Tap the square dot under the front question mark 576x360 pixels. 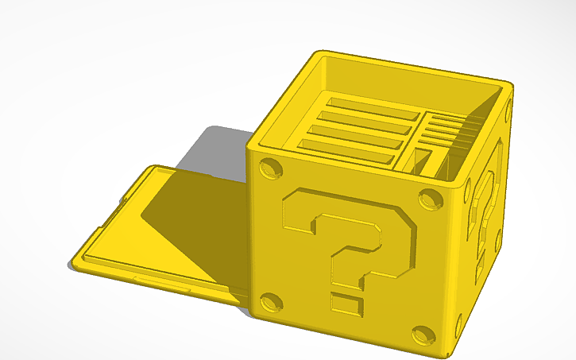pos(343,303)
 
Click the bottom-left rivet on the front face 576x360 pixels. pos(269,302)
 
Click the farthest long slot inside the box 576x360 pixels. pos(373,105)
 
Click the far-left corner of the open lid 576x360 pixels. pos(151,168)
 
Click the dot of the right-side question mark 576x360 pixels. pos(480,263)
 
